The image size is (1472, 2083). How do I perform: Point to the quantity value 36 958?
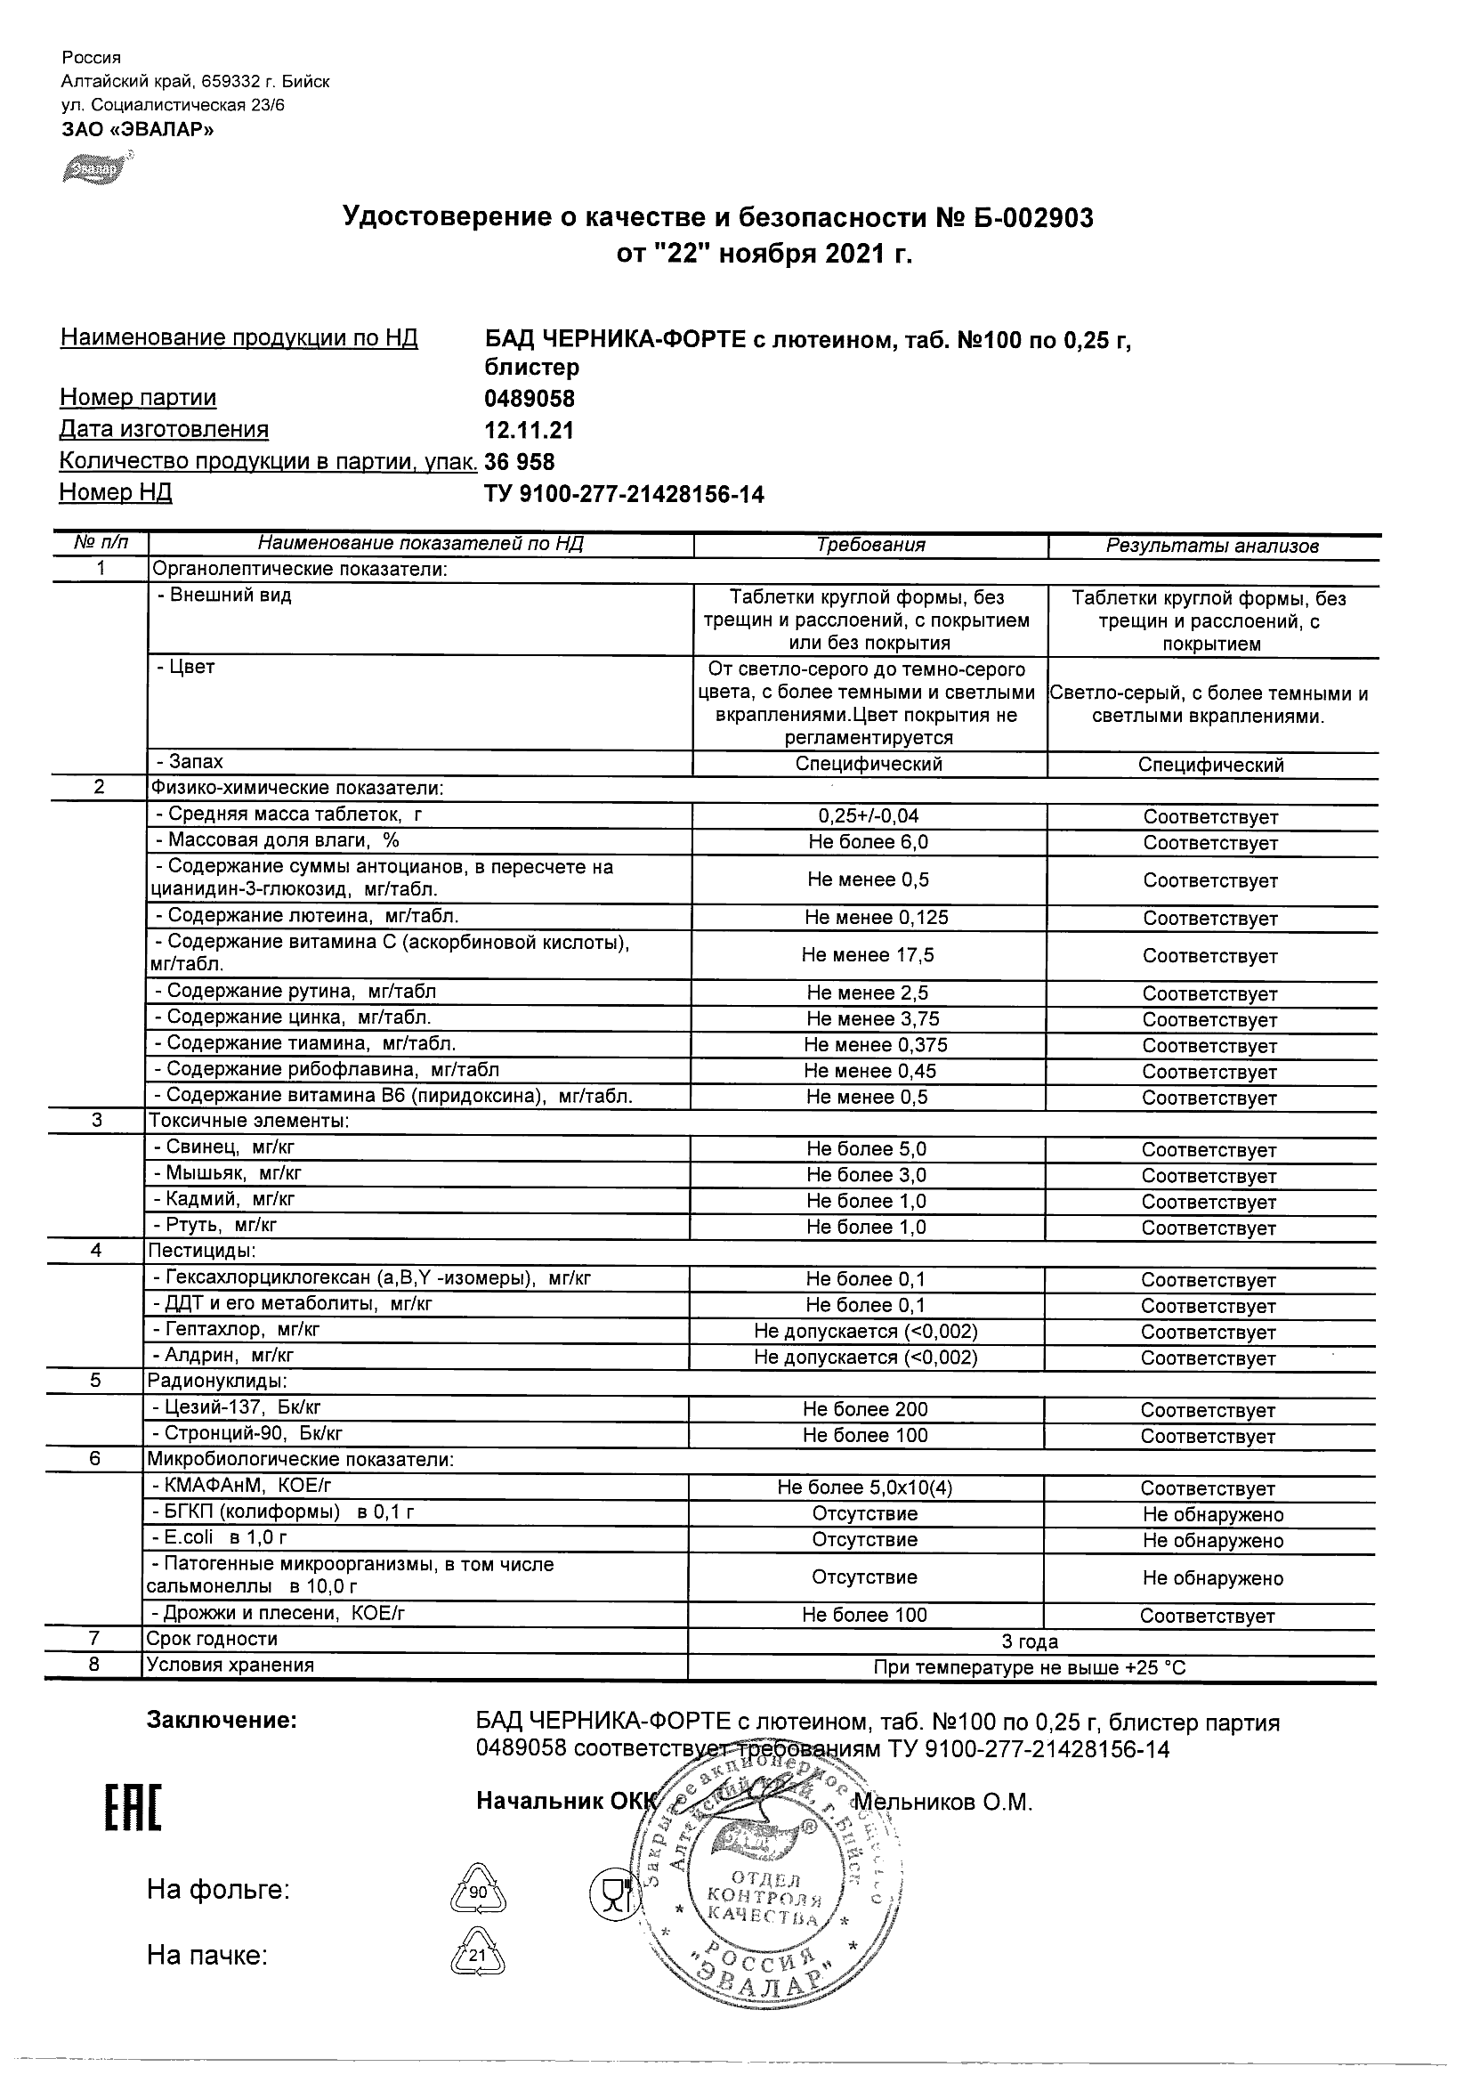coord(520,462)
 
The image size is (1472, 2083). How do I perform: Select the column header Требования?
coord(870,546)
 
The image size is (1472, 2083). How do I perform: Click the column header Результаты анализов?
coord(1212,547)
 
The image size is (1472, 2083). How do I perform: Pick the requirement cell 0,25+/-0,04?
coord(868,815)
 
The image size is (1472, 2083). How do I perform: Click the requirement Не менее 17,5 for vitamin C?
coord(867,955)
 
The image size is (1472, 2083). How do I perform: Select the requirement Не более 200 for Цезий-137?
coord(864,1410)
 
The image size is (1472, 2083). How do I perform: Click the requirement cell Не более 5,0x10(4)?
coord(864,1487)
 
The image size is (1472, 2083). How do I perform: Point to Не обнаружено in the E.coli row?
coord(1213,1541)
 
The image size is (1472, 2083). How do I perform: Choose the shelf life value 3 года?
coord(1030,1642)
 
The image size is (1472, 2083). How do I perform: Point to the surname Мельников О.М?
coord(943,1803)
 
